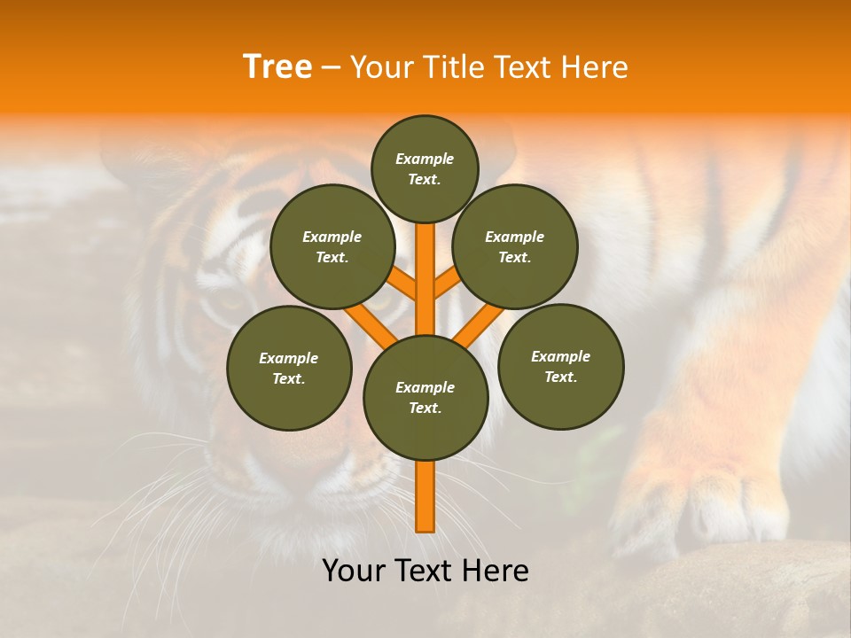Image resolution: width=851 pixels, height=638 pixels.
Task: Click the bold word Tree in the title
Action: click(x=277, y=66)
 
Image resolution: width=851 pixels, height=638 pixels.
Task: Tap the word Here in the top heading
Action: click(x=596, y=66)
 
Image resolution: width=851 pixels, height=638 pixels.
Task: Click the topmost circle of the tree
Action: click(x=425, y=168)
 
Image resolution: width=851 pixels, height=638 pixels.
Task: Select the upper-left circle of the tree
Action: click(x=332, y=246)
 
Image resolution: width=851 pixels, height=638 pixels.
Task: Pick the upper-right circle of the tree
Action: click(x=515, y=246)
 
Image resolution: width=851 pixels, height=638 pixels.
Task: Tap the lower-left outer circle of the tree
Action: click(x=289, y=368)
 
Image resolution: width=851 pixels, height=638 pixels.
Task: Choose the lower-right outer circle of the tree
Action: click(x=561, y=366)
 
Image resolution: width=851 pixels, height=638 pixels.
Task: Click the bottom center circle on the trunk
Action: click(x=425, y=397)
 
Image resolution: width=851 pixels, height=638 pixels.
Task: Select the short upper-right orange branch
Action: click(x=447, y=284)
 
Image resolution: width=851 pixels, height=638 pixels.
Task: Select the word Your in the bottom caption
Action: click(x=354, y=571)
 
